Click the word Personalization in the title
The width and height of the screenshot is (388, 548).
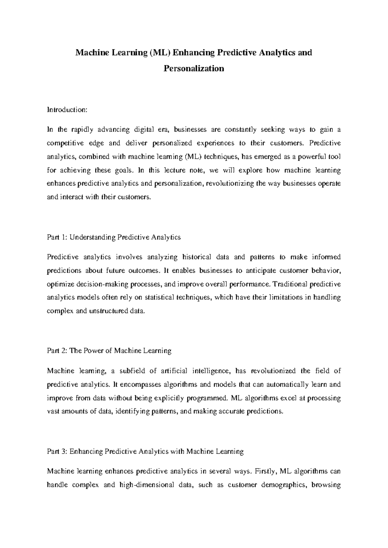(194, 68)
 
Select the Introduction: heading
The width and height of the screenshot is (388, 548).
(67, 110)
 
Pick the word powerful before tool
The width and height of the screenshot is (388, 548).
(307, 157)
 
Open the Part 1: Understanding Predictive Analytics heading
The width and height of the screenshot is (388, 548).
(114, 237)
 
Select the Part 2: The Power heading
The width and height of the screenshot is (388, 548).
(109, 351)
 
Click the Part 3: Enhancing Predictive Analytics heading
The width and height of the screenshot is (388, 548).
(145, 451)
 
